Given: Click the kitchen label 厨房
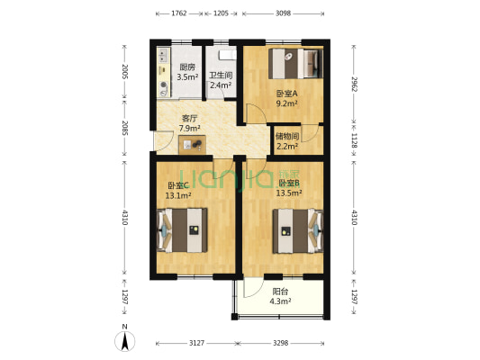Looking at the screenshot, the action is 187,67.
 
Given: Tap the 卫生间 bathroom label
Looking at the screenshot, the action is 221,76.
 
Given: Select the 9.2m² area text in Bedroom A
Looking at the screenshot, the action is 287,103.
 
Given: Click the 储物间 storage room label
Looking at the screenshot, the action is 287,136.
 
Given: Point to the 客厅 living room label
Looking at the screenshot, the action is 189,119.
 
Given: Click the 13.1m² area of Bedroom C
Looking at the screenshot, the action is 178,195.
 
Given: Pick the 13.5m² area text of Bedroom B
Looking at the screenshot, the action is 289,193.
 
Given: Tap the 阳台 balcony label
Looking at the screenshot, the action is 280,292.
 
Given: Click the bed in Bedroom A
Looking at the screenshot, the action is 295,64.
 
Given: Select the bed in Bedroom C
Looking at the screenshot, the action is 182,230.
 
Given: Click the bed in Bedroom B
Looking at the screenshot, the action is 298,231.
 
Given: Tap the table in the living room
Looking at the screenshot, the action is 192,144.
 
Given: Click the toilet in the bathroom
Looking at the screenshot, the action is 227,55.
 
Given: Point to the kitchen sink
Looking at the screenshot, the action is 163,56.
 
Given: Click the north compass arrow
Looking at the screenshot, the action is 124,341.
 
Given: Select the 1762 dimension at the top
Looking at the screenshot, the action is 179,13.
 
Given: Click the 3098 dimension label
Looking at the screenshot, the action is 283,13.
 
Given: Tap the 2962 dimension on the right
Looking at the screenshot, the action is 354,84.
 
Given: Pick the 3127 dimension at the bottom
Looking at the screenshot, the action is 196,343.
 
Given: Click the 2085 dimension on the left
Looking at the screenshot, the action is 124,128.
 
